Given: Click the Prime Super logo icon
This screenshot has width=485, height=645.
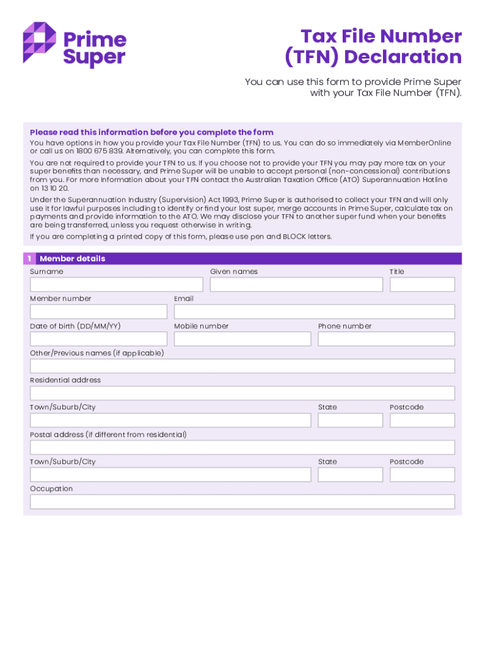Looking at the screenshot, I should pos(40,42).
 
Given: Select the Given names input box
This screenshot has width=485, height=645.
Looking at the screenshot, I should pos(296,285).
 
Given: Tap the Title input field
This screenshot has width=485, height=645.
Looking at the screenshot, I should pos(422,285).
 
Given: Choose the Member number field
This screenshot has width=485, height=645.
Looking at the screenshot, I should pos(98,312).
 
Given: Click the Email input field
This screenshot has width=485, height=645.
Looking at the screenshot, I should pos(314,312).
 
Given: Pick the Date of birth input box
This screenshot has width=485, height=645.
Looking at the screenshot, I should pos(98,339).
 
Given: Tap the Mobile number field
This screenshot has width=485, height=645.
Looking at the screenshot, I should pos(243,339).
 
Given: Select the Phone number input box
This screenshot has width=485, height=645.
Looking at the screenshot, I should pos(386,339).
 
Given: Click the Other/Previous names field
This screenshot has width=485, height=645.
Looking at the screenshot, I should pos(243,366).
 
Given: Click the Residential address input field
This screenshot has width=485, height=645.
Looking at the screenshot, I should pos(243,393).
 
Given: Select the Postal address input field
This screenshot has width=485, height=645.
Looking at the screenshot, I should pos(243,447).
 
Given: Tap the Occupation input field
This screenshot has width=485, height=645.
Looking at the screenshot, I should pos(243,501).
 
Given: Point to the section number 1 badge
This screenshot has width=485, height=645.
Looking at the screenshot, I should pos(29,259).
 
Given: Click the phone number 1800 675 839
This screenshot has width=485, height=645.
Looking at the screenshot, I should pos(99,151).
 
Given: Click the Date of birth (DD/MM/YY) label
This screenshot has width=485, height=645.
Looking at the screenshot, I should pos(76,326).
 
